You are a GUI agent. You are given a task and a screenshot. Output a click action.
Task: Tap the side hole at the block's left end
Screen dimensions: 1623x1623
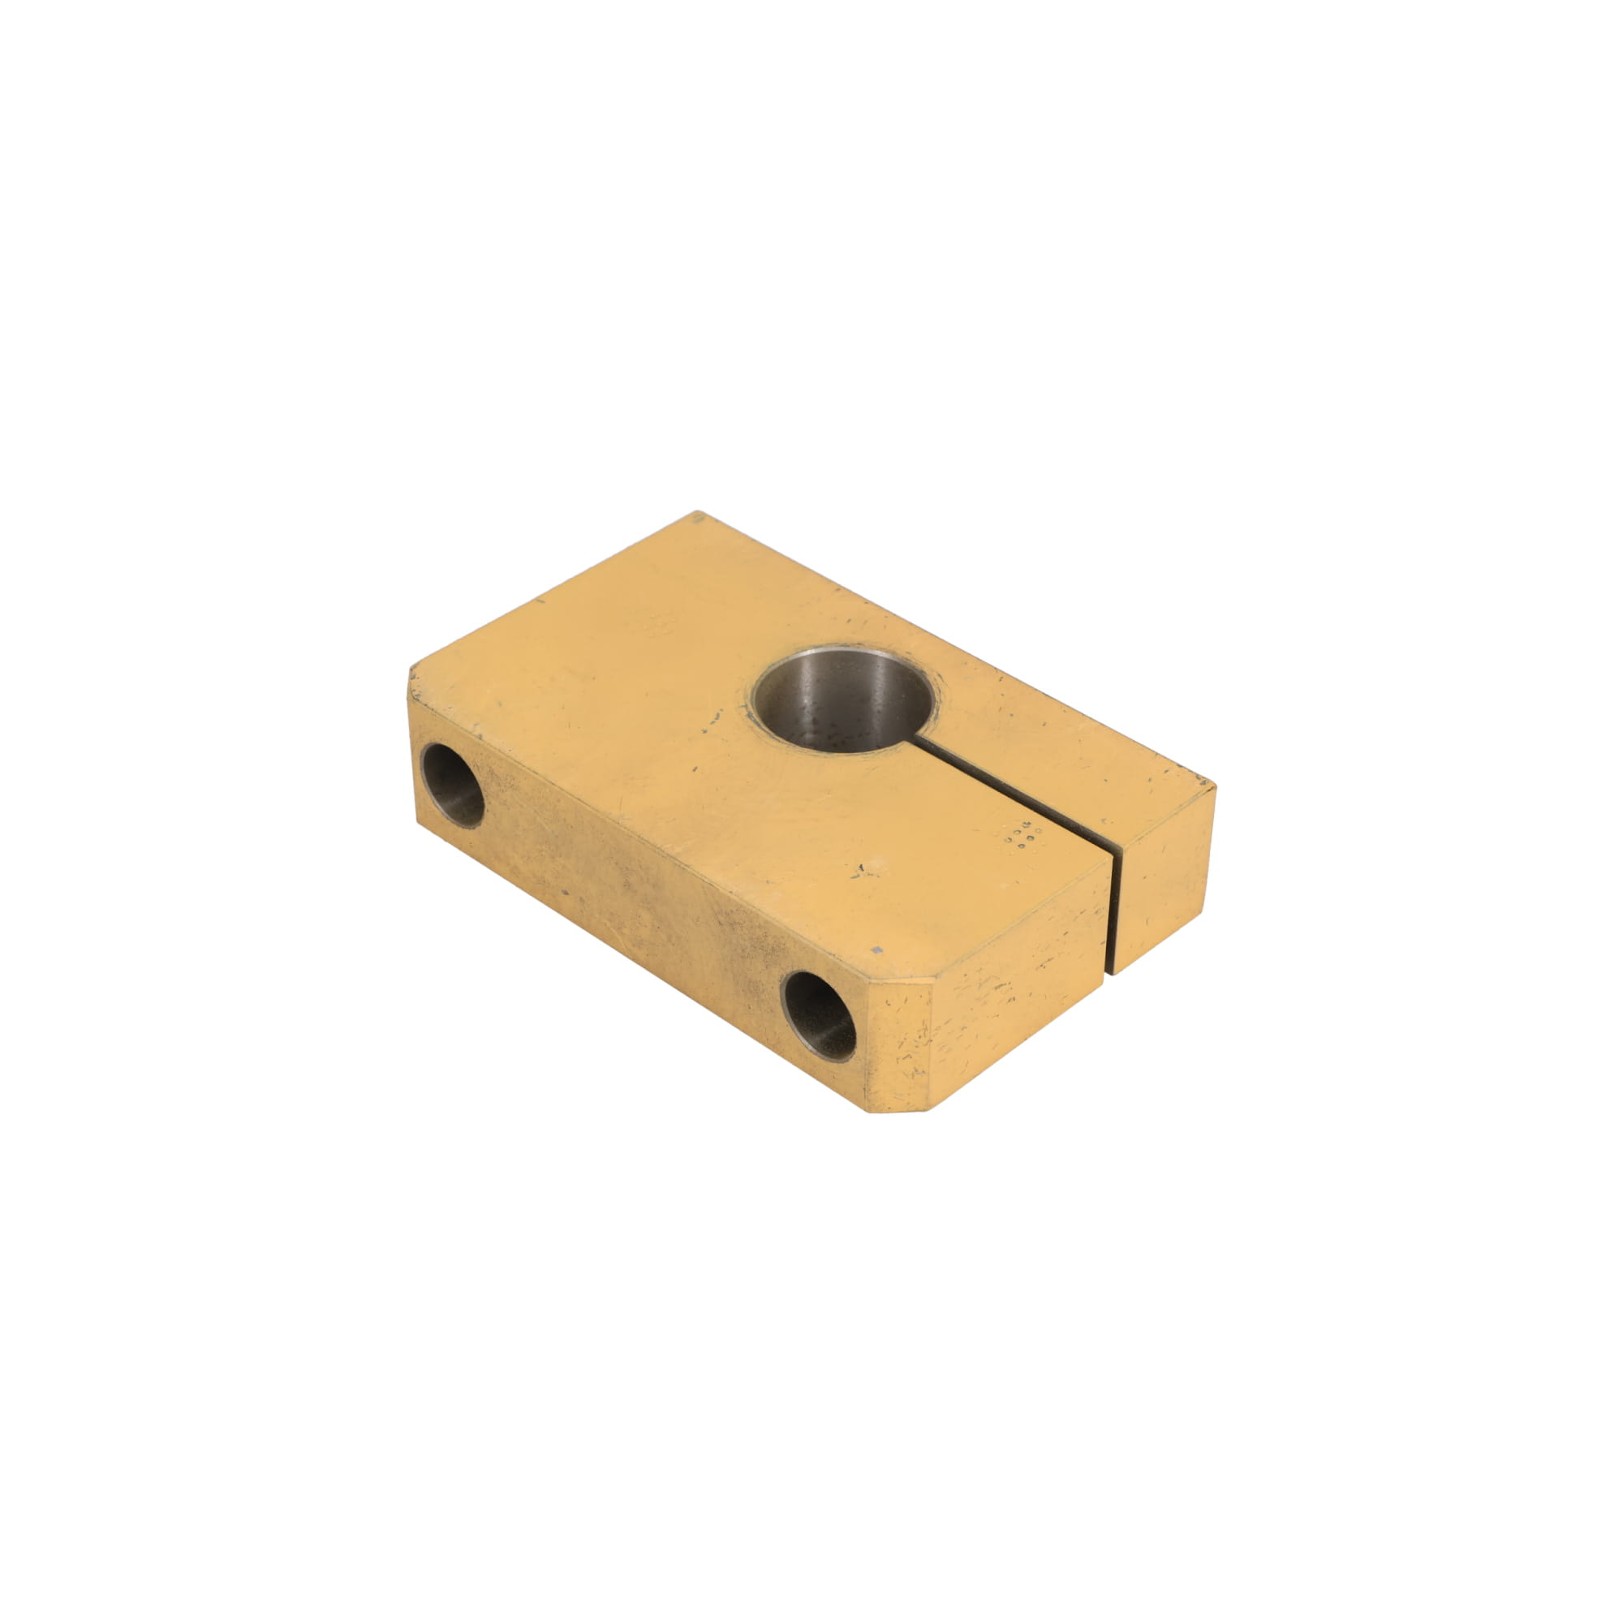(452, 784)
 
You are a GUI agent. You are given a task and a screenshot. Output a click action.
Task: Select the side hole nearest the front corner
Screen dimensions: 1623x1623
(818, 1016)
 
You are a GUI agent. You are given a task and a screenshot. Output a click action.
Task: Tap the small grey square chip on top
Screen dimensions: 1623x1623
(877, 949)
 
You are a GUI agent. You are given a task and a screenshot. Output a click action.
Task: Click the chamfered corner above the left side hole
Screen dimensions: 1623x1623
(413, 685)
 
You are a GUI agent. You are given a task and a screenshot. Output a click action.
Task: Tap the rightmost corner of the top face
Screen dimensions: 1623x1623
(1213, 786)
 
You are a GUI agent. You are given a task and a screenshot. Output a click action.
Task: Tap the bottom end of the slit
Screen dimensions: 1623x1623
(1114, 971)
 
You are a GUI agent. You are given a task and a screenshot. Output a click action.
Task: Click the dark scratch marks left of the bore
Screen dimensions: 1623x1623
(714, 718)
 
